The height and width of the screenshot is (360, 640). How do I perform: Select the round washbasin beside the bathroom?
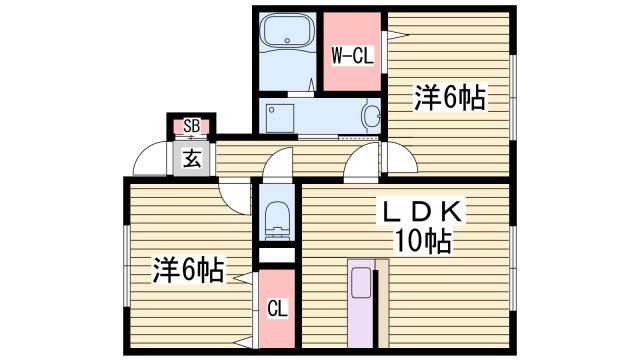372,116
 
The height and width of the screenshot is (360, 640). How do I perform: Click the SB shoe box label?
188,126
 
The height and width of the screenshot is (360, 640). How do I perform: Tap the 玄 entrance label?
189,158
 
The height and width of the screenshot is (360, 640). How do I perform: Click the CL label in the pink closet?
279,309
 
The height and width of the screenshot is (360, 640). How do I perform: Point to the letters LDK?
417,212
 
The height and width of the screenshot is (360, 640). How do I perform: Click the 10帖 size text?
421,241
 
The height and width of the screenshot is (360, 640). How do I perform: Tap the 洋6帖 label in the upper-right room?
450,98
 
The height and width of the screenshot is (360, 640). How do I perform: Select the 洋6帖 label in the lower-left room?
187,269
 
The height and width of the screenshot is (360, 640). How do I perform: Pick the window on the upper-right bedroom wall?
513,95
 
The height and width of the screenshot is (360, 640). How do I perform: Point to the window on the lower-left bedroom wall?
127,265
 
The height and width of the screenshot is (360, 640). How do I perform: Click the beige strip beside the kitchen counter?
382,304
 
